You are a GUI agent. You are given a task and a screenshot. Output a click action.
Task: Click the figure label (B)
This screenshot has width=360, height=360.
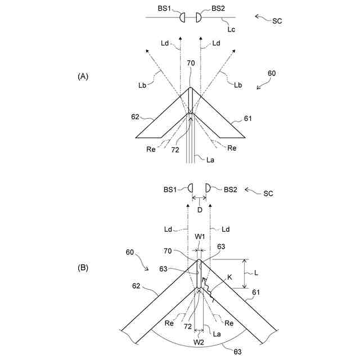tap(82, 268)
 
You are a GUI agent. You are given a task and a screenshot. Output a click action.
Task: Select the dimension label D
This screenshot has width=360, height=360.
tap(199, 209)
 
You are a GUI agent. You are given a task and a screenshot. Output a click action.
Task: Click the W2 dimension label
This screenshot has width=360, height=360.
tap(199, 341)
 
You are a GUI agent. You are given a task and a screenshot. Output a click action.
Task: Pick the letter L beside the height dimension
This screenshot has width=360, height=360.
tap(256, 273)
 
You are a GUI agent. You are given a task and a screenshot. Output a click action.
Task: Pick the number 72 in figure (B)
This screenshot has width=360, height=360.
tap(186, 326)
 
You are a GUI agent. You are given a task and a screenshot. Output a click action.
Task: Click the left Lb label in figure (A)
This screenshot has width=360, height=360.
tap(143, 85)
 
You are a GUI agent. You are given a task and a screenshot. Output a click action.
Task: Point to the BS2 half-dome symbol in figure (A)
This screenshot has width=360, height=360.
tap(199, 17)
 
